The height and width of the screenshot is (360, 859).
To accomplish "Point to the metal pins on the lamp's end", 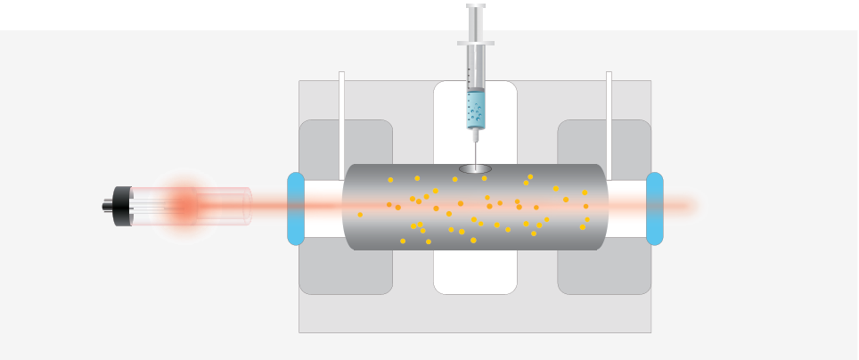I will point(106,206).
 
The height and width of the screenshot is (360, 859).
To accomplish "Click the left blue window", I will point(296,209).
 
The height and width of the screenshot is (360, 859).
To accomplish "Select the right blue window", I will point(654,209).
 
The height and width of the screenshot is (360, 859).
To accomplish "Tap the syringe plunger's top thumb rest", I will point(476,6).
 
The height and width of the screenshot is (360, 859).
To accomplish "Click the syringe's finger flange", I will point(476,42).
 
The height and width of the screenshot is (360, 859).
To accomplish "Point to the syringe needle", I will point(476,151).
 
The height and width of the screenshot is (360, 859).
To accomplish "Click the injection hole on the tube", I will point(476,168).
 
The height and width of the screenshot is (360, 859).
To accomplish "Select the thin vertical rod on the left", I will point(341,116).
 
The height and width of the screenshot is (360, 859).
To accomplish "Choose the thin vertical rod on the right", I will point(609,116).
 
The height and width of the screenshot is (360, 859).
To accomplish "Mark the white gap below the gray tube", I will point(475,272).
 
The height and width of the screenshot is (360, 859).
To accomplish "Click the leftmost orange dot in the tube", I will point(360,215).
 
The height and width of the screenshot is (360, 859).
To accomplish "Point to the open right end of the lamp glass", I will point(248,206).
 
